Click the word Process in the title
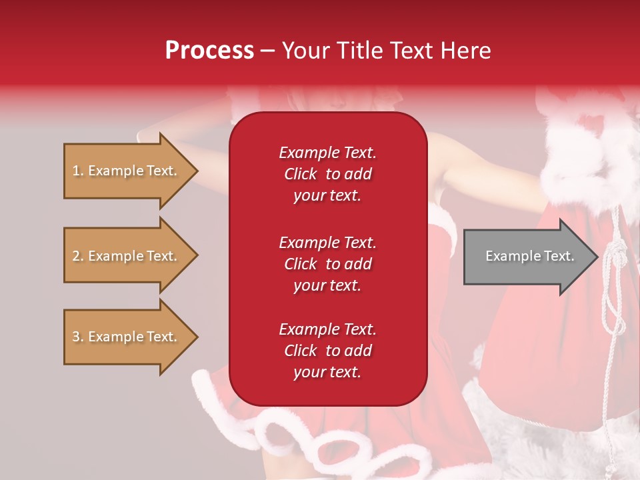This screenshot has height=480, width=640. [x=209, y=50]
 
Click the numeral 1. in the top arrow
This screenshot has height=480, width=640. [x=78, y=171]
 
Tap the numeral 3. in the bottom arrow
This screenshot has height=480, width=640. [x=78, y=337]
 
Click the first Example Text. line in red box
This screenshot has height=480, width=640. [x=327, y=153]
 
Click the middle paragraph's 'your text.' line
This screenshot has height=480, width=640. [x=327, y=285]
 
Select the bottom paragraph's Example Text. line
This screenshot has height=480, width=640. [x=327, y=329]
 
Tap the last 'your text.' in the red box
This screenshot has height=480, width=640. [x=327, y=373]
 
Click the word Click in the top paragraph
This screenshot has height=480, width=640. [x=301, y=174]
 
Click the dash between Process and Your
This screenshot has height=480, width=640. [x=267, y=51]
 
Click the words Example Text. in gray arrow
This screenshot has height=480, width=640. [x=529, y=256]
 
